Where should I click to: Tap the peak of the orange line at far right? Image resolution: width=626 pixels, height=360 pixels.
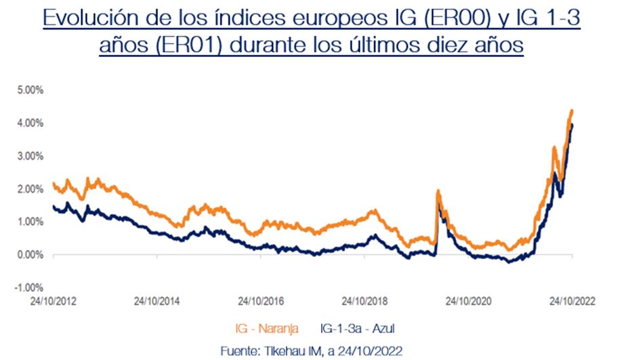[x=572, y=111]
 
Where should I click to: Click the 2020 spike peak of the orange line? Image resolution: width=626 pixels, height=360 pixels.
[x=438, y=191]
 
